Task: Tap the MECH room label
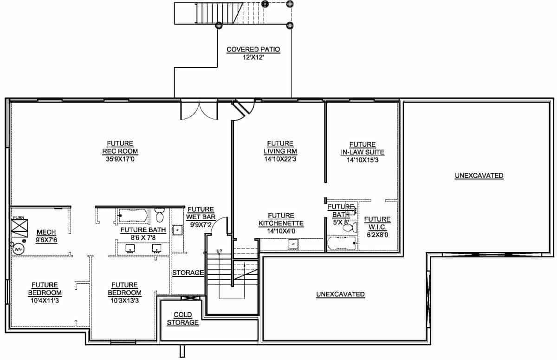coord(46,232)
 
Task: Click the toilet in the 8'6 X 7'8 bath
coord(160,216)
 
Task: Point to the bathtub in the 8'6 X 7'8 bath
coord(133,216)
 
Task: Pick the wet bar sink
coord(177,230)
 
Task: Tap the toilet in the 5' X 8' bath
coord(353,228)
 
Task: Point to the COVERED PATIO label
coord(253,49)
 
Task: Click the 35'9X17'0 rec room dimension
coord(120,159)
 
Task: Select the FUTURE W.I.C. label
coord(377,223)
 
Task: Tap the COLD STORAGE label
coord(182,319)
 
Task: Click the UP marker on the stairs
coord(219,251)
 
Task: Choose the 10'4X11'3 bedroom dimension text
coord(45,300)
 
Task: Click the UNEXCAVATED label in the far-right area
coord(479,176)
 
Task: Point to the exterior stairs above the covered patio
coord(208,13)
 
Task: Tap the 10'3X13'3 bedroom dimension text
coord(124,300)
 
